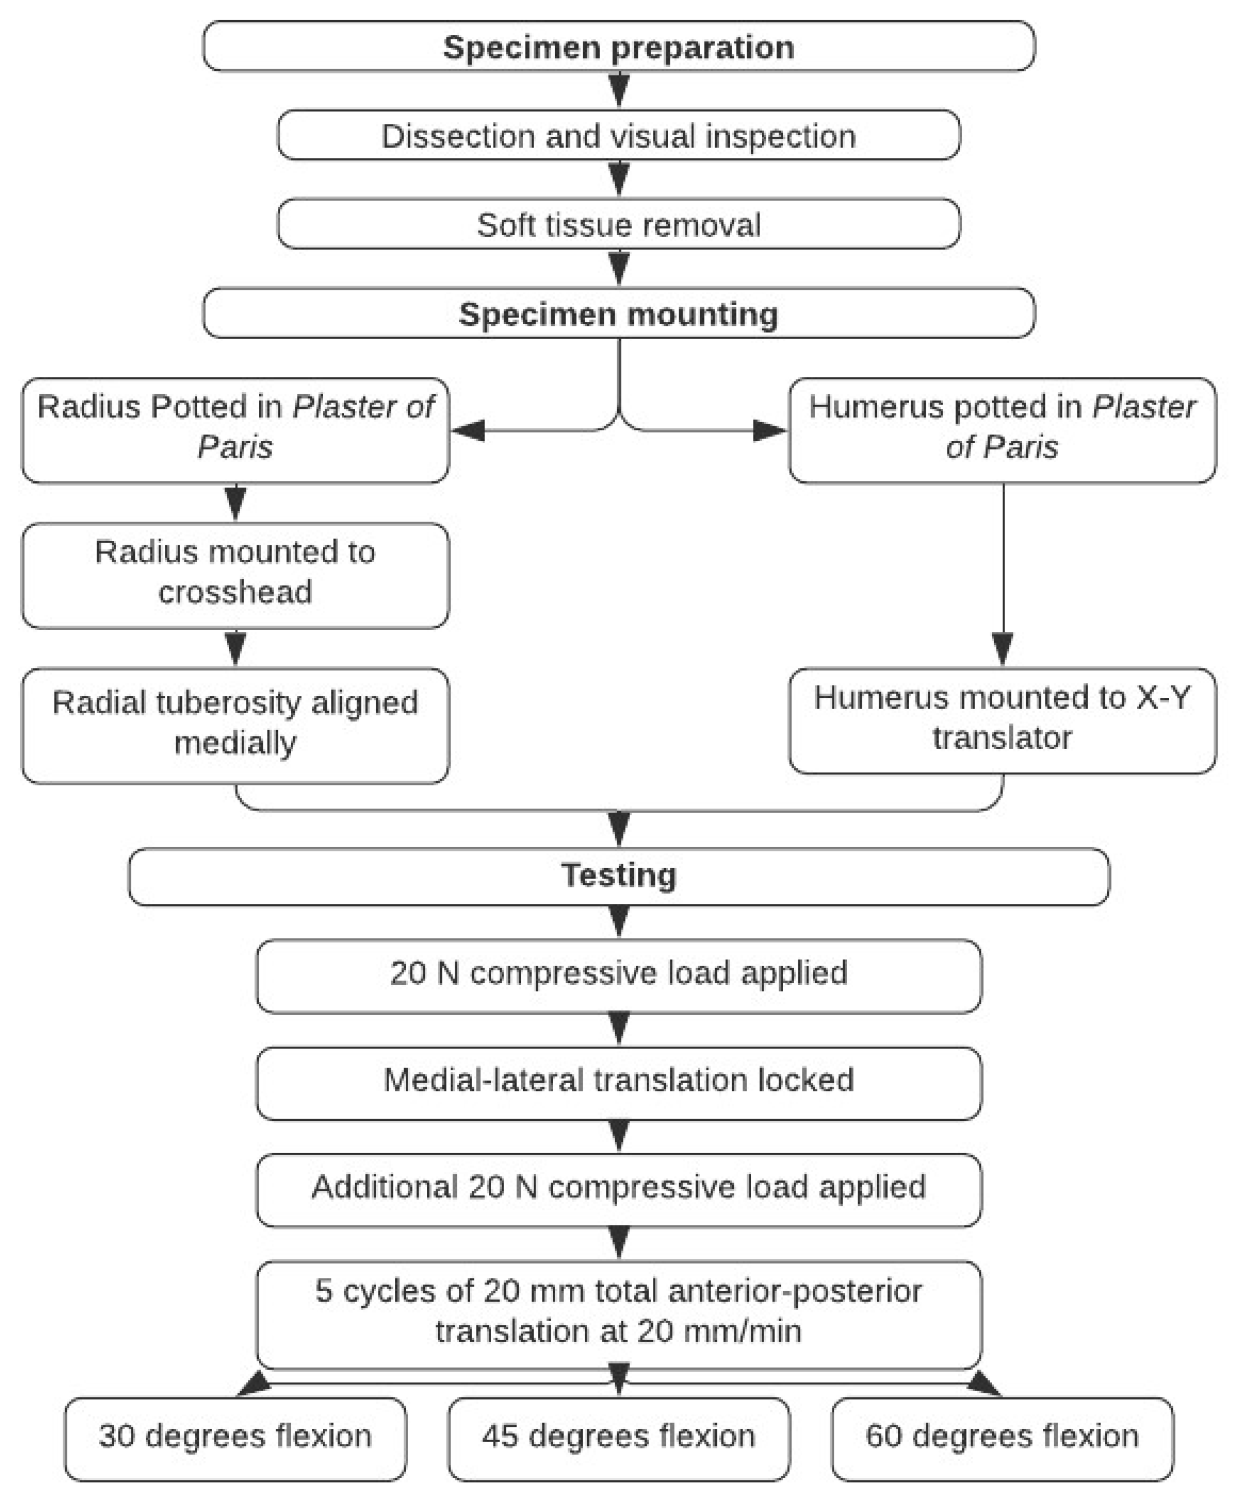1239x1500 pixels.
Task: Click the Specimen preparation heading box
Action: (618, 47)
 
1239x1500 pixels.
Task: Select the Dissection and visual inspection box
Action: (618, 136)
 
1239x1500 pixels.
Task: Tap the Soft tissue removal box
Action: (618, 224)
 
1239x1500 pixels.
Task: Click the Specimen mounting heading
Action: (618, 313)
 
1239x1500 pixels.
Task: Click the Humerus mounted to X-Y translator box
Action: (1002, 718)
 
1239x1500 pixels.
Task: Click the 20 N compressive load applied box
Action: (618, 974)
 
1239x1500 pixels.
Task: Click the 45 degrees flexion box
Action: (618, 1436)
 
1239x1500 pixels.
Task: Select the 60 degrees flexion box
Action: (1002, 1436)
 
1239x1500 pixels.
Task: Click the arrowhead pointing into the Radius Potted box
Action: (468, 431)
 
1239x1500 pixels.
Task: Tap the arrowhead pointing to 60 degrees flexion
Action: (985, 1384)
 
